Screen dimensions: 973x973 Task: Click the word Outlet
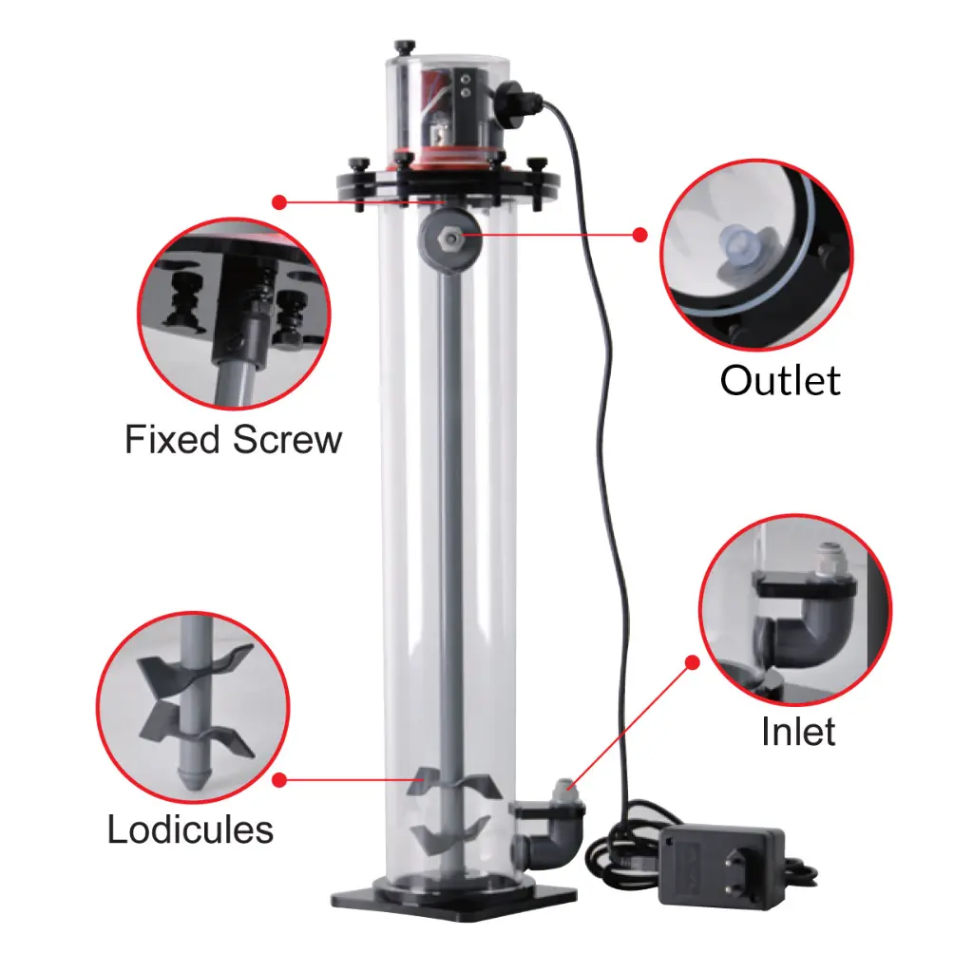click(x=780, y=380)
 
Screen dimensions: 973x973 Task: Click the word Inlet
click(x=798, y=731)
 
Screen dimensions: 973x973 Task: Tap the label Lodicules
click(x=190, y=829)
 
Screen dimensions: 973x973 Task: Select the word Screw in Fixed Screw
click(x=287, y=439)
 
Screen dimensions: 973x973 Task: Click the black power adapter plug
click(x=722, y=867)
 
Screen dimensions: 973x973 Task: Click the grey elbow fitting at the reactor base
click(x=549, y=839)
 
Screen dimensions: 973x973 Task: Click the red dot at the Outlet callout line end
click(x=639, y=235)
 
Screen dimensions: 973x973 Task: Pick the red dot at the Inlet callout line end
click(x=693, y=662)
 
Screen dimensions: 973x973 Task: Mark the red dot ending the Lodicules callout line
click(x=279, y=780)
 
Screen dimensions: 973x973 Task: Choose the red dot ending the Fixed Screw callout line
click(x=279, y=202)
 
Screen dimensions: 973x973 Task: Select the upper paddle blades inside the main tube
click(x=453, y=784)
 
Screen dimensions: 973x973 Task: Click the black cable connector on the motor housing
click(x=518, y=97)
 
